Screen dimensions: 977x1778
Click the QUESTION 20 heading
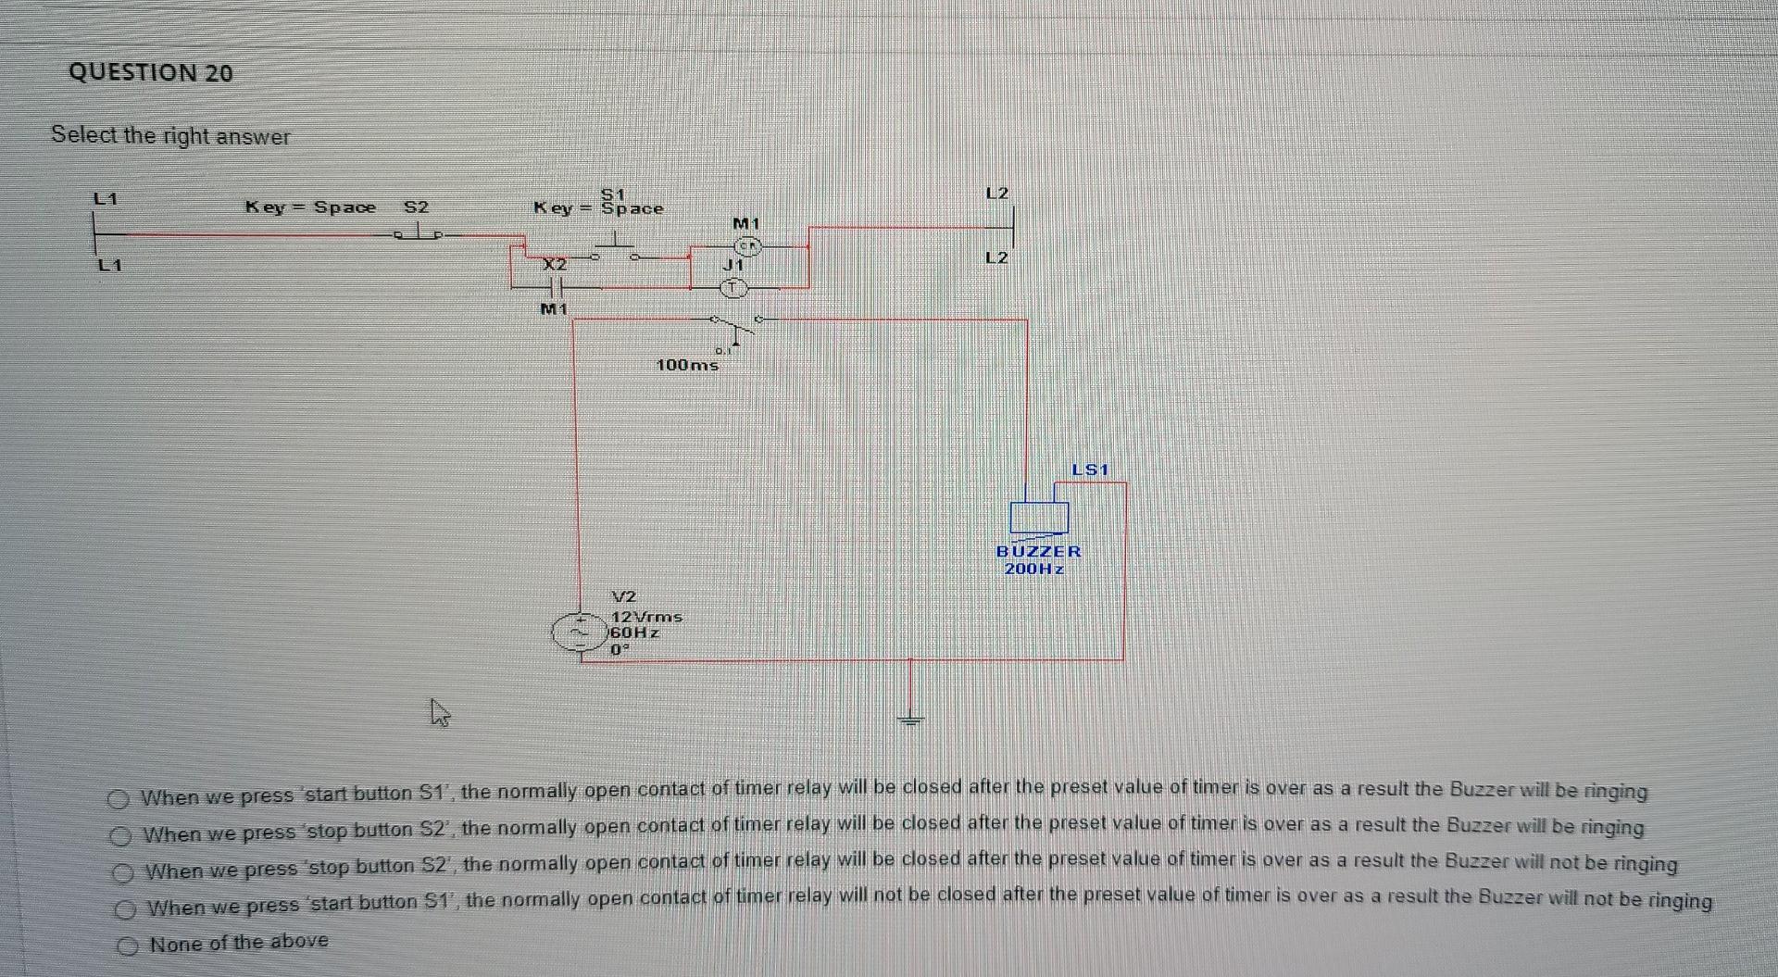click(x=151, y=73)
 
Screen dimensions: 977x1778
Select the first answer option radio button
click(x=118, y=798)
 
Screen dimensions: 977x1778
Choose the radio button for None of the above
click(x=128, y=946)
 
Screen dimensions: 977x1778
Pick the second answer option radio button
click(x=119, y=836)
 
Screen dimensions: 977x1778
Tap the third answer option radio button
click(x=122, y=873)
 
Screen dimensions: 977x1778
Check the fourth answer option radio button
click(x=124, y=910)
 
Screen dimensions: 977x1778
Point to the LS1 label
click(x=1089, y=470)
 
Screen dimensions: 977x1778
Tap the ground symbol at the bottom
click(x=911, y=718)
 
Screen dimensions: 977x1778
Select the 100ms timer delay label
click(x=686, y=365)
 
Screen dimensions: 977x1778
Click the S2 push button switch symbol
click(x=420, y=232)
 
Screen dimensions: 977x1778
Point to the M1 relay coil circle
click(x=747, y=246)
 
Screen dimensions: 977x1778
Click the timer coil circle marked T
click(x=734, y=288)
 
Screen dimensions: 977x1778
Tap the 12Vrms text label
click(x=646, y=616)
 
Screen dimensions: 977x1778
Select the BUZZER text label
click(x=1038, y=551)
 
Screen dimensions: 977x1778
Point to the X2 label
click(x=554, y=264)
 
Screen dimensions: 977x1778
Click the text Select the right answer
click(x=170, y=136)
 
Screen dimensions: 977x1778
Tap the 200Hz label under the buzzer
click(x=1034, y=569)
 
